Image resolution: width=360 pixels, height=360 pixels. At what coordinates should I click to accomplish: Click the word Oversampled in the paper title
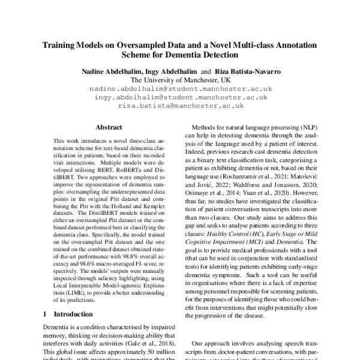pos(152,45)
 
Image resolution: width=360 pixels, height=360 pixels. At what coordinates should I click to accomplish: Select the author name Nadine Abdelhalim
pos(110,71)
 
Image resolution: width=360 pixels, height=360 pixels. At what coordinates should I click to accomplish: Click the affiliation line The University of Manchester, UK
pos(179,79)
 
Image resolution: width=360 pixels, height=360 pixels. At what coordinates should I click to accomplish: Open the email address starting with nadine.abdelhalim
pos(179,88)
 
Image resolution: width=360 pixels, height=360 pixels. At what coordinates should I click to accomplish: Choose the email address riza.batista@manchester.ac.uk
pos(179,106)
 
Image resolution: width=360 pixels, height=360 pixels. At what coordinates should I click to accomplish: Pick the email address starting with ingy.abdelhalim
pos(179,97)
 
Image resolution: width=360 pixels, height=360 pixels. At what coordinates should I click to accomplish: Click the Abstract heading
pos(109,127)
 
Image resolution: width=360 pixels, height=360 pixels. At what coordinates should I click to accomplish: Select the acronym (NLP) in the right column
pos(307,129)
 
